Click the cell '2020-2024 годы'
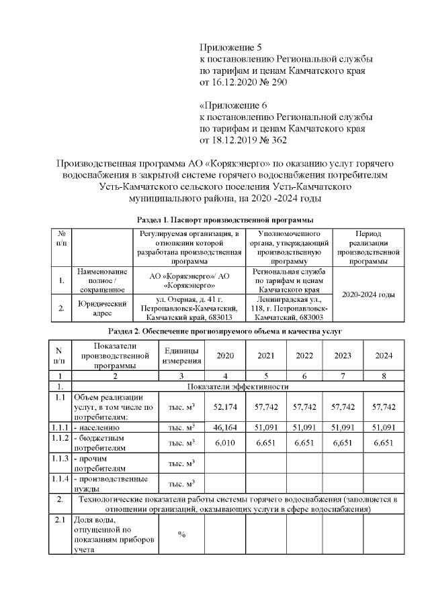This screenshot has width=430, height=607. [x=368, y=294]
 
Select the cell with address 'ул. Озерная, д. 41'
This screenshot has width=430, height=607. [x=189, y=308]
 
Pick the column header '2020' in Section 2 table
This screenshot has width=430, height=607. [x=224, y=355]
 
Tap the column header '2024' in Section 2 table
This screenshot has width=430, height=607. [x=384, y=355]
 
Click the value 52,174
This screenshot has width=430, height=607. [x=224, y=407]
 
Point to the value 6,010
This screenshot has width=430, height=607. [x=224, y=443]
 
